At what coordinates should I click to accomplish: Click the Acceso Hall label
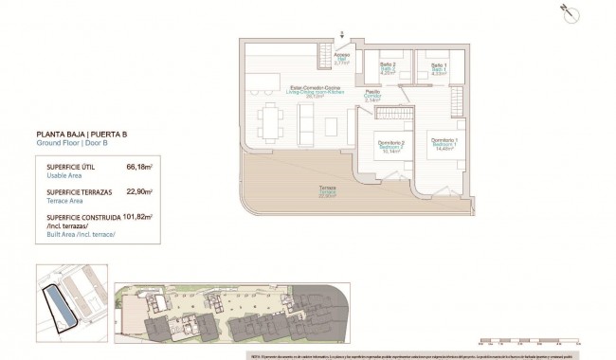341,59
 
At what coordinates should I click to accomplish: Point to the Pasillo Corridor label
373,95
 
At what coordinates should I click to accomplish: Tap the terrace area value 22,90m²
138,191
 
